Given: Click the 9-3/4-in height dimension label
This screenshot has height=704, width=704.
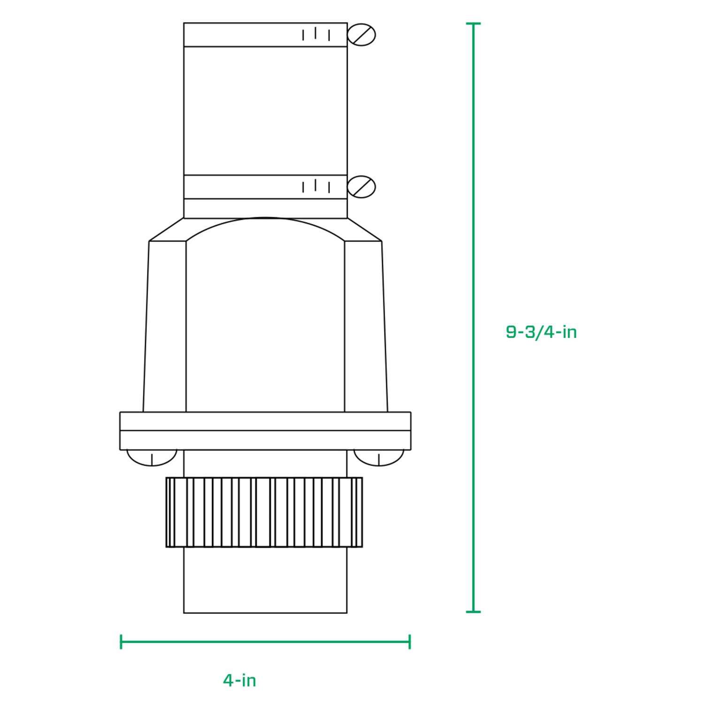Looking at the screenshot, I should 541,332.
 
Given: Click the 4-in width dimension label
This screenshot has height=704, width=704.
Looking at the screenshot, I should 239,680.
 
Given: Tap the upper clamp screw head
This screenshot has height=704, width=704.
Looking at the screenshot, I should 361,35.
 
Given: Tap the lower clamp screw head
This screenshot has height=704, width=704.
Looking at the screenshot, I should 361,187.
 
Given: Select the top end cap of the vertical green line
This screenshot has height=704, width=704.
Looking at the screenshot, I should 473,23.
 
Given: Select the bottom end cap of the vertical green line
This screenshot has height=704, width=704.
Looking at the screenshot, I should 473,612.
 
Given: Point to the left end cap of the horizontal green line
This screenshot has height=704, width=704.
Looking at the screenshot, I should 121,642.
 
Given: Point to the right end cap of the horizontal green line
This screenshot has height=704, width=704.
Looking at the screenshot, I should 410,642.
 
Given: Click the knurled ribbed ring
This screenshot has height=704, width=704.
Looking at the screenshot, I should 264,512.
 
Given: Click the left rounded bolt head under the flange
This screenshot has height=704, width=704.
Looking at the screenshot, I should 152,458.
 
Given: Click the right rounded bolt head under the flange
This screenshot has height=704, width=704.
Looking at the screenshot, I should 378,458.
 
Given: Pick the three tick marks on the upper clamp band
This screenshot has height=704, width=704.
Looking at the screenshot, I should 316,34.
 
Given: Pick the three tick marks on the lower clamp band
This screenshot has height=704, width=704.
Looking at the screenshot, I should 316,186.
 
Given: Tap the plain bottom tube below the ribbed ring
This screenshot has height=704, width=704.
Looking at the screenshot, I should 265,580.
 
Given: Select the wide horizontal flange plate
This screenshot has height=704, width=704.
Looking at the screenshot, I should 265,430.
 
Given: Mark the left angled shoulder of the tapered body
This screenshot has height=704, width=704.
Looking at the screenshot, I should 167,230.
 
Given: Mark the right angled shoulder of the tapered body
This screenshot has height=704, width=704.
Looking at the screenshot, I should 364,230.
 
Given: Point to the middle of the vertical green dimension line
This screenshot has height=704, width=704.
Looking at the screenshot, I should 473,317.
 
